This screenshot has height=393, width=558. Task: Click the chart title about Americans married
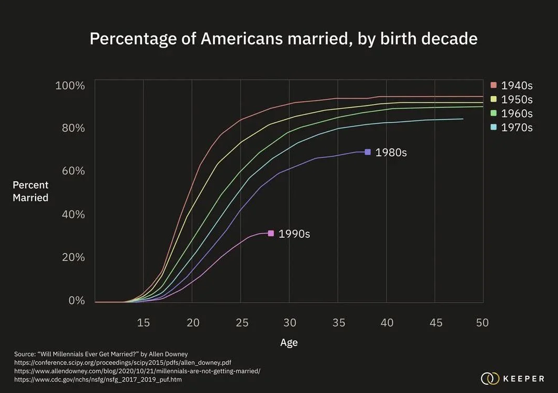[283, 39]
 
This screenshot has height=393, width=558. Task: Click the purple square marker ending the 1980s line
[368, 152]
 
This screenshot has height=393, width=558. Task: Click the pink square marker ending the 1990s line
[271, 234]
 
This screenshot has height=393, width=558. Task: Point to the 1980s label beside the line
[391, 153]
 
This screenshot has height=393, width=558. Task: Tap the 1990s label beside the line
[294, 234]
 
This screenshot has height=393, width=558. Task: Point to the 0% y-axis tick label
[76, 301]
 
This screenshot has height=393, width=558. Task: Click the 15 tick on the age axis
[144, 323]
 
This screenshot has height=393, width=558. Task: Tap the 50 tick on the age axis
[482, 323]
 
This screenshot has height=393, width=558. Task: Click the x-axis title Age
[289, 343]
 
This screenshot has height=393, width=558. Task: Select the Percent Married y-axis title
[30, 191]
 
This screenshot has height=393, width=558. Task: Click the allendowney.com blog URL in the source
[137, 371]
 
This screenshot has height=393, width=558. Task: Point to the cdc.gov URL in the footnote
[98, 380]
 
